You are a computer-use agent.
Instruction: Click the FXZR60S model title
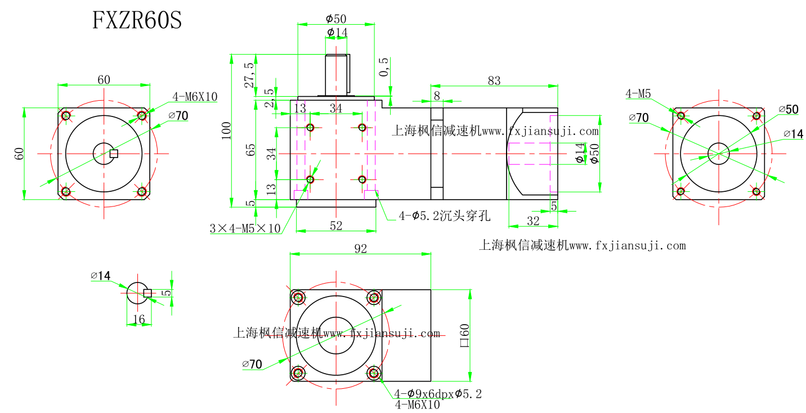(x=137, y=21)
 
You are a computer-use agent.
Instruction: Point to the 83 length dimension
(x=494, y=80)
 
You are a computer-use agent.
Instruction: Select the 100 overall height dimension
(x=226, y=131)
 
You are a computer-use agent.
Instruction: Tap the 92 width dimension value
(x=360, y=248)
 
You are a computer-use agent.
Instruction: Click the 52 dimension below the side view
(x=336, y=225)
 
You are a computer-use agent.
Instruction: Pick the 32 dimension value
(x=532, y=221)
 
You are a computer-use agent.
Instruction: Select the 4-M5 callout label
(x=638, y=94)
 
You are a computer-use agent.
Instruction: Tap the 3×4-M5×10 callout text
(x=245, y=228)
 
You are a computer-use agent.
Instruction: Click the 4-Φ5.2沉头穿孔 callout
(x=445, y=215)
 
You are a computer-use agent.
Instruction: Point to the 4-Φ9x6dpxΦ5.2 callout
(x=438, y=394)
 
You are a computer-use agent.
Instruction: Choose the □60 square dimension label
(x=465, y=335)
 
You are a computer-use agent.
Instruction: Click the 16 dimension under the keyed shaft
(x=138, y=320)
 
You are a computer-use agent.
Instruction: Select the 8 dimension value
(x=437, y=96)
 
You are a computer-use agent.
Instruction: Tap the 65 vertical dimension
(x=251, y=150)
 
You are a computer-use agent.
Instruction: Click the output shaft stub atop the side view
(x=337, y=74)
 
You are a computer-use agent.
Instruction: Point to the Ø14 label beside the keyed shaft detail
(x=101, y=276)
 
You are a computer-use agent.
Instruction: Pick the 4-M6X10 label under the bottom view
(x=417, y=405)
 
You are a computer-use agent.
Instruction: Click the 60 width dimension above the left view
(x=104, y=79)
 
